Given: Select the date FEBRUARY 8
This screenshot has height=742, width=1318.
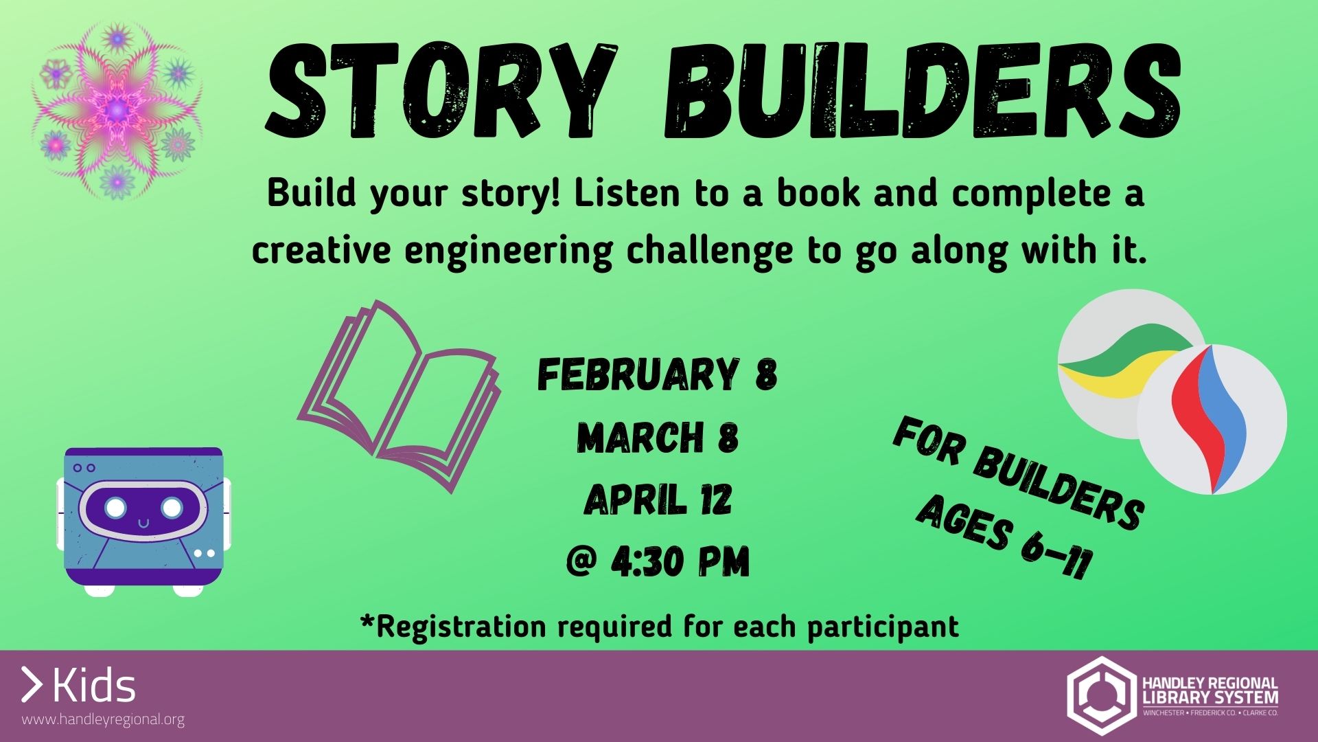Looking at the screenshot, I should pos(657,375).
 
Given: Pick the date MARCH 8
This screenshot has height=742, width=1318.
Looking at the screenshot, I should pos(657,438).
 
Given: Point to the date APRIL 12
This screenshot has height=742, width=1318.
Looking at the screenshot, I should pos(657,499).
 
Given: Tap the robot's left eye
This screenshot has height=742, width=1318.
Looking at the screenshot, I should pos(116,508).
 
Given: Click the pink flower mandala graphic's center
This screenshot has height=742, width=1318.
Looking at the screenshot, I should pos(117,109).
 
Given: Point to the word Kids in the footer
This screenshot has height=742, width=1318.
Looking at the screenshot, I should pos(94,686).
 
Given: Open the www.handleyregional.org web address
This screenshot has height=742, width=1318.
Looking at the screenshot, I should pos(103,720).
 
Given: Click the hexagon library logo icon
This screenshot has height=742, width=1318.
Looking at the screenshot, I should pos(1100,695).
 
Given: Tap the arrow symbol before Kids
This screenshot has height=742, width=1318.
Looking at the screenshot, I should pos(32,685).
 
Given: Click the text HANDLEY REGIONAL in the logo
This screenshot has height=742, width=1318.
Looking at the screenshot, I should pos(1210,684).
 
